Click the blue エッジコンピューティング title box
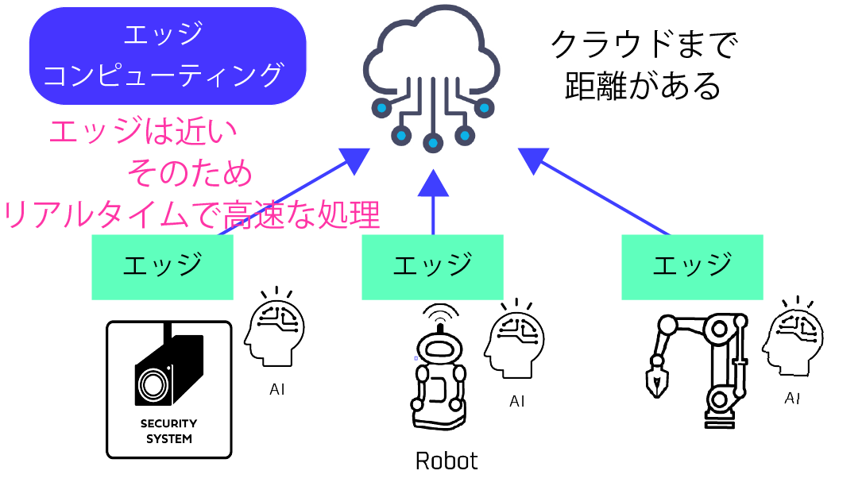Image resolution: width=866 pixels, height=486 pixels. click(x=167, y=56)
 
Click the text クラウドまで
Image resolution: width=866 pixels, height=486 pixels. click(x=644, y=45)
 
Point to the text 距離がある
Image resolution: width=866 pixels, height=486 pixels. click(x=643, y=86)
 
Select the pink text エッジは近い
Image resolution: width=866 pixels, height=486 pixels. click(x=143, y=132)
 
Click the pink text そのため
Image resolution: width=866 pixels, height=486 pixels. click(x=190, y=172)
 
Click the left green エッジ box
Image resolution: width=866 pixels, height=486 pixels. click(x=162, y=267)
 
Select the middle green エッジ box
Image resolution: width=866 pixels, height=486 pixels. click(x=432, y=267)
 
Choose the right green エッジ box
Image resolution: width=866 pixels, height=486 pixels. click(x=691, y=267)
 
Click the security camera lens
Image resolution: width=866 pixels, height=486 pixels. click(x=151, y=384)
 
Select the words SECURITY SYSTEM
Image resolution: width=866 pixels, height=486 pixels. click(x=168, y=430)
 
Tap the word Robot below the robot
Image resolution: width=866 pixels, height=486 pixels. click(x=447, y=461)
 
